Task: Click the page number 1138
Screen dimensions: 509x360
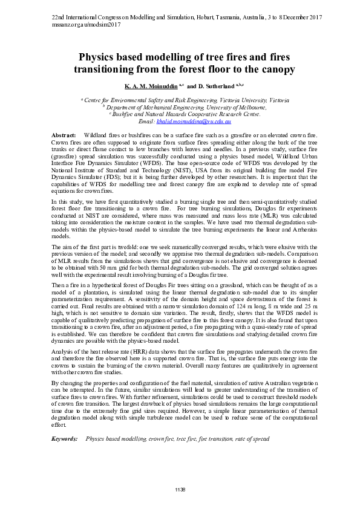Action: (x=180, y=488)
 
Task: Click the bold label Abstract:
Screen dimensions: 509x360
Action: (x=64, y=134)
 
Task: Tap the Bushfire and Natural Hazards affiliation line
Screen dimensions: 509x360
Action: (x=183, y=114)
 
